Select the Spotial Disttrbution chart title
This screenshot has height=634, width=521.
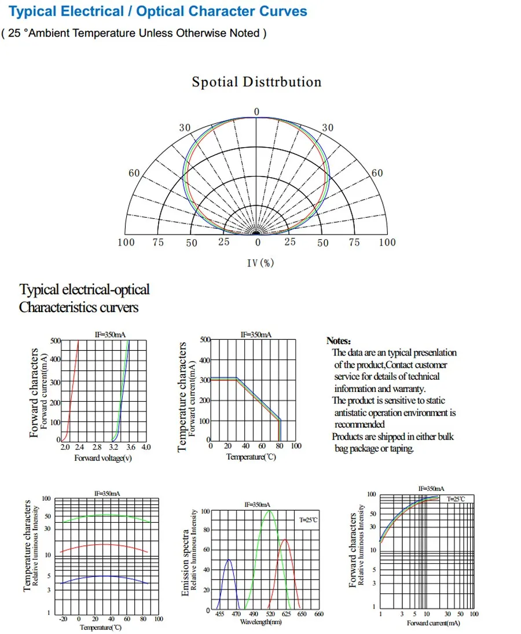256,82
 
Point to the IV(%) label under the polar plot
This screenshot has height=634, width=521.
260,263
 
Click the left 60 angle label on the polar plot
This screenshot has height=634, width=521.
134,173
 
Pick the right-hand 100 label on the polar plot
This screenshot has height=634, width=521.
387,243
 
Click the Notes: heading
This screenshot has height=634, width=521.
339,341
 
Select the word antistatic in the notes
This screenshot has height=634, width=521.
354,413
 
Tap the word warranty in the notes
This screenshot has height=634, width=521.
406,389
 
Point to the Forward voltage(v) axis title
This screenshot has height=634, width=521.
103,458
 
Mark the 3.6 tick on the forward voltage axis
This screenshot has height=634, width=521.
130,448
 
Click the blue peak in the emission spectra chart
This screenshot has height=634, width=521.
229,560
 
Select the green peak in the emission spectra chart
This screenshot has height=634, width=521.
268,511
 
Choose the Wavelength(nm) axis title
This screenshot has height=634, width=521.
260,622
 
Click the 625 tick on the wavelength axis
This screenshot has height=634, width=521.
287,614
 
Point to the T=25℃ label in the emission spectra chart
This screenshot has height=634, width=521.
309,520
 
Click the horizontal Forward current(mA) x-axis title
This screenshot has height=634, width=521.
434,623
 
